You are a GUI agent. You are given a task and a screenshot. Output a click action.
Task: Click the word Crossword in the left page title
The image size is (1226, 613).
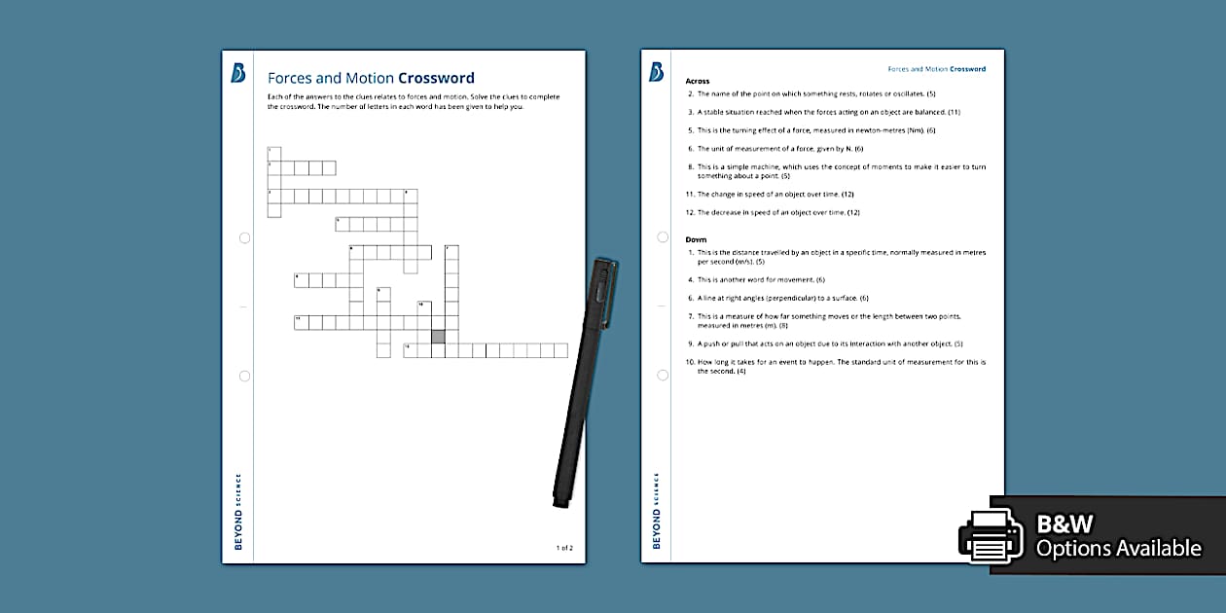click(x=436, y=78)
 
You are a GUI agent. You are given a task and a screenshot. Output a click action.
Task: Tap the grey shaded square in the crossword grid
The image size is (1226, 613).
click(x=438, y=336)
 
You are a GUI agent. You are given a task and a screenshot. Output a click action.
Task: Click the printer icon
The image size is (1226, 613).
click(x=990, y=535)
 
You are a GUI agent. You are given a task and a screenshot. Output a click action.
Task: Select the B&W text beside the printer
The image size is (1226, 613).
click(x=1065, y=524)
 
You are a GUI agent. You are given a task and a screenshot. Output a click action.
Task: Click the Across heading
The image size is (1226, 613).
click(x=698, y=81)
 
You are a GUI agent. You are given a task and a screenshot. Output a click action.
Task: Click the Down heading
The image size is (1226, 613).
click(x=696, y=239)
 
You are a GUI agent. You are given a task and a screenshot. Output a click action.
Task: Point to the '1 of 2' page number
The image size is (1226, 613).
click(x=564, y=548)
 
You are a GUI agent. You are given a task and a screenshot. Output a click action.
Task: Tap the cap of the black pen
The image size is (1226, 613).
click(x=602, y=292)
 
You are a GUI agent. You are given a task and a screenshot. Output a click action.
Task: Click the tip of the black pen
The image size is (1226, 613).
click(x=560, y=503)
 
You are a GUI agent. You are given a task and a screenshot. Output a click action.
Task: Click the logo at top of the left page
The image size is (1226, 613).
click(x=238, y=73)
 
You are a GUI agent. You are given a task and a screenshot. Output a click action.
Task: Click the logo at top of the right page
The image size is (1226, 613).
click(x=657, y=72)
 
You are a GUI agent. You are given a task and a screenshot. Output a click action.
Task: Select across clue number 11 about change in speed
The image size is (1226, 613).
click(x=774, y=194)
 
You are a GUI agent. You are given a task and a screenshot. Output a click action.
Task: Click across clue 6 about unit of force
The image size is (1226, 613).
click(x=778, y=149)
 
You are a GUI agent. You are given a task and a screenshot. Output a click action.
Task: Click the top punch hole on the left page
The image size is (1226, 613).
click(x=244, y=237)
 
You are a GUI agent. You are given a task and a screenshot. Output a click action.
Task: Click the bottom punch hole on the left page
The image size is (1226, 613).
click(x=244, y=376)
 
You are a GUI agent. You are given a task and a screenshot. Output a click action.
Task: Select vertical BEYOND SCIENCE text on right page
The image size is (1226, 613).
click(x=657, y=511)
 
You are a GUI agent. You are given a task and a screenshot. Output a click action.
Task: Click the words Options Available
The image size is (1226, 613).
click(x=1118, y=549)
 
